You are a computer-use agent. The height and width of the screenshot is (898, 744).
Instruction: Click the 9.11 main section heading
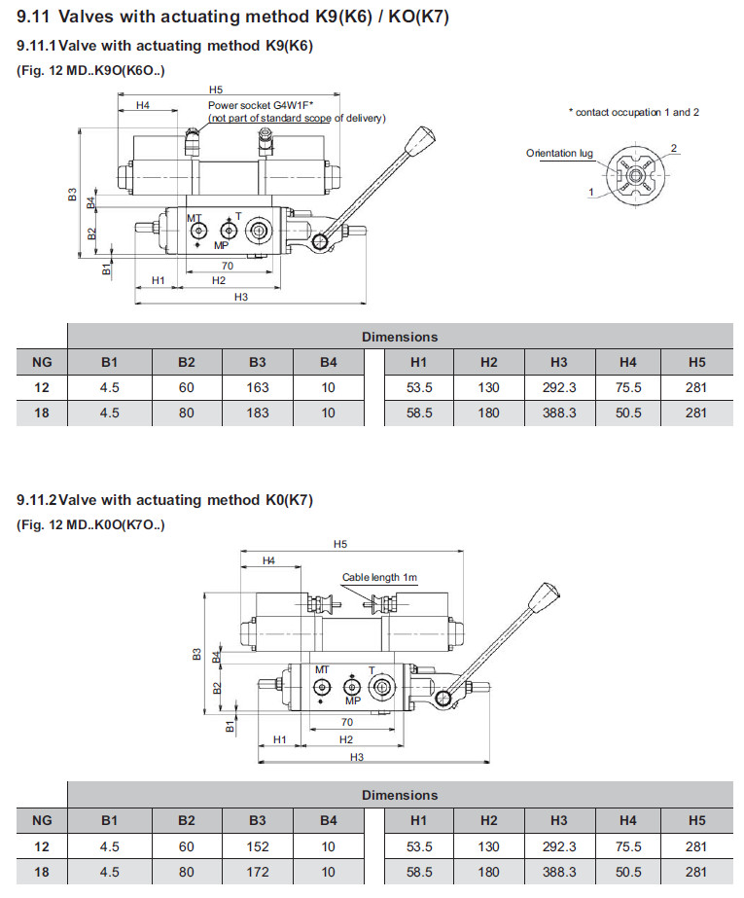coord(233,18)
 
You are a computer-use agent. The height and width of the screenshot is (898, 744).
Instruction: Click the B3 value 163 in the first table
coord(257,387)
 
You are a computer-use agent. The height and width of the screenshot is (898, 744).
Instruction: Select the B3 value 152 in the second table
coord(257,846)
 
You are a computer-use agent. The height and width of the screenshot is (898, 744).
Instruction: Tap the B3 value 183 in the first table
coord(257,413)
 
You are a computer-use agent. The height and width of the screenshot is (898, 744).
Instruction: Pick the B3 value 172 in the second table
coord(257,872)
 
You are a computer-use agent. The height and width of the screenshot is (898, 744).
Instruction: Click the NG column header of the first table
coord(42,363)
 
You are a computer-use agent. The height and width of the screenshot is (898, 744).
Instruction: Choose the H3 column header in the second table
coord(558,822)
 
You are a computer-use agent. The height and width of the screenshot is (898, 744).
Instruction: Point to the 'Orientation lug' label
coord(559,153)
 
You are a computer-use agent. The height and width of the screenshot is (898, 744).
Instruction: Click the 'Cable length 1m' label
coord(379,578)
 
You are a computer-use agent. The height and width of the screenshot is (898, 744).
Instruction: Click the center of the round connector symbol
coord(636,176)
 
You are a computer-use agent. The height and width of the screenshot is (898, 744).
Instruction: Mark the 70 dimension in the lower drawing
coord(346,722)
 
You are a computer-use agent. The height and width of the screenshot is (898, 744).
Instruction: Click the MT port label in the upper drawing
coord(195,218)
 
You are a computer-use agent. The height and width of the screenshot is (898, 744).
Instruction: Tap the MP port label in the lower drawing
coord(352,700)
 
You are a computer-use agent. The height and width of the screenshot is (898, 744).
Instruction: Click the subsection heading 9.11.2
coord(165,500)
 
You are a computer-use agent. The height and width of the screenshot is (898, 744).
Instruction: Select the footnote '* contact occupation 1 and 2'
coord(633,112)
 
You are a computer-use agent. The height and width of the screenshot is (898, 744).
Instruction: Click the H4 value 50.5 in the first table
coord(628,413)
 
